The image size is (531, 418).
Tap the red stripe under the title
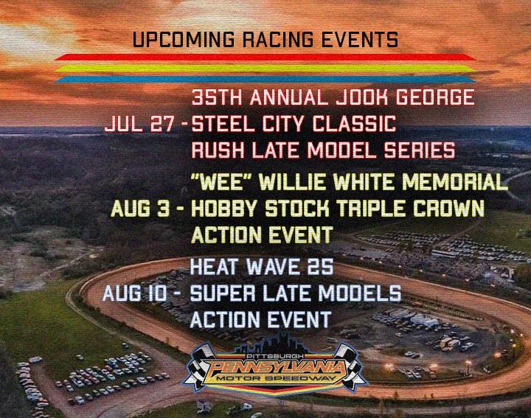coord(265,58)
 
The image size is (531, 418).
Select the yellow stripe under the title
coord(265,69)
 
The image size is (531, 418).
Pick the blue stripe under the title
coord(265,80)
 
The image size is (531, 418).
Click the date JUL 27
coord(142,124)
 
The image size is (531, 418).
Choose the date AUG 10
coord(135,293)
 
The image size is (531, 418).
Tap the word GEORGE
coord(435,97)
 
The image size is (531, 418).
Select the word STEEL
coord(224,124)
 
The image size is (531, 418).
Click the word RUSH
coord(218,150)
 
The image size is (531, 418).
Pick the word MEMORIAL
coord(455,182)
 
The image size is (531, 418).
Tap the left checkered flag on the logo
coord(199,364)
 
